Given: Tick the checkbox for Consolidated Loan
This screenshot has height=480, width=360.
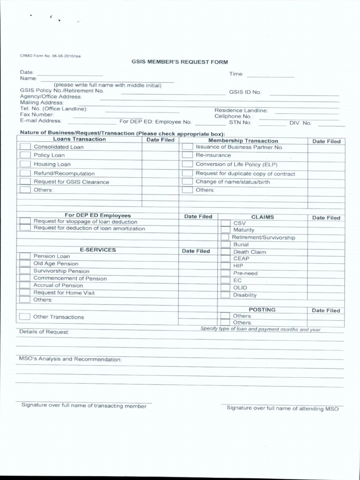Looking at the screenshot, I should click(25, 147).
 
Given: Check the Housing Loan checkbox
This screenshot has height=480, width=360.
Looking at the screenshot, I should click(25, 164).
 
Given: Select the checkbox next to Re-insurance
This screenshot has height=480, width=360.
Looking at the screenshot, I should click(187, 155).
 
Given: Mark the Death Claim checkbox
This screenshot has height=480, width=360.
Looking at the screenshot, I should click(225, 252).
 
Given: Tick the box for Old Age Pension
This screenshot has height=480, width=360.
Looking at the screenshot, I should click(25, 264).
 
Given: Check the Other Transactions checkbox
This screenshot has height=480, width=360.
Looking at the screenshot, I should click(25, 317).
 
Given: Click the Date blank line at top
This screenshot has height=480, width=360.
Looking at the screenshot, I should click(70, 75).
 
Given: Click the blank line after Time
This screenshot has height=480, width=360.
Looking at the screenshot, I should click(270, 76).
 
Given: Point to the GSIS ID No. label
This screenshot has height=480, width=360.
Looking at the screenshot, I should click(245, 92).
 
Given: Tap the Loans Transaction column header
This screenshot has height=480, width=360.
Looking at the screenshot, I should click(80, 139).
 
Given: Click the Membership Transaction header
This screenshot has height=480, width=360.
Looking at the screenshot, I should click(243, 141).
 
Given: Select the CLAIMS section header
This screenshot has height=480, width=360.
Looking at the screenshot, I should click(262, 217).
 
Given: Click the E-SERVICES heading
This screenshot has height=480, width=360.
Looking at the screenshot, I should click(98, 250).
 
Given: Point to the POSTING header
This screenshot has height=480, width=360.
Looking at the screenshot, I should click(262, 310).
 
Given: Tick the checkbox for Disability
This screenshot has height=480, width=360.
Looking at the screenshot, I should click(225, 295).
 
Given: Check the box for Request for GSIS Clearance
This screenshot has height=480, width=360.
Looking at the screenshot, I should click(25, 182).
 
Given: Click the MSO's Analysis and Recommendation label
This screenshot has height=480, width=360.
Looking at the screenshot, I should click(70, 359).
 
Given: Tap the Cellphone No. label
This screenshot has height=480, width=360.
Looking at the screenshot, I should click(234, 116).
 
